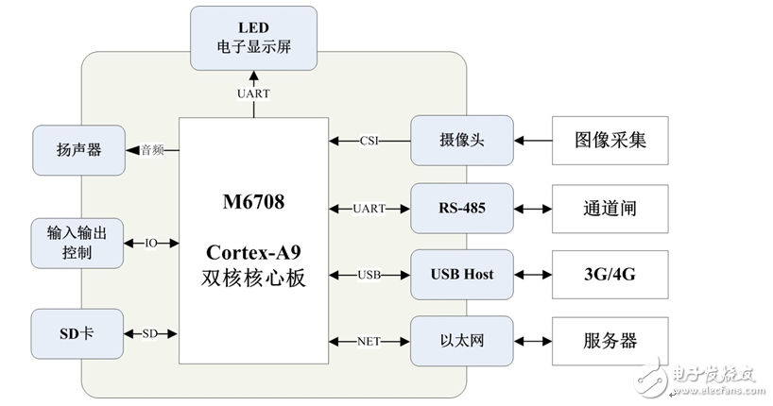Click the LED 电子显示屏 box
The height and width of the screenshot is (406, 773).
pos(254,37)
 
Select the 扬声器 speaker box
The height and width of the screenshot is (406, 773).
pos(78,149)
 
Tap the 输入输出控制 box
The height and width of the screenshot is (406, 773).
pos(78,243)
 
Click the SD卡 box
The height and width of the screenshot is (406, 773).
pos(78,334)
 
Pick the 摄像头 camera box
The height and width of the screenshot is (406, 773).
pos(462,141)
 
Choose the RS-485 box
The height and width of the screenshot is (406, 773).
pos(462,208)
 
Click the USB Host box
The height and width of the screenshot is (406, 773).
pos(462,274)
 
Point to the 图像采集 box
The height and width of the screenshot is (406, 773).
pos(611,141)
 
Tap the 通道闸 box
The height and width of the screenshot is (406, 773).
pos(611,208)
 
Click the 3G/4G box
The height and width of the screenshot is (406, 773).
pos(611,274)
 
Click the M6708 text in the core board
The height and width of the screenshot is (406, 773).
pos(254,201)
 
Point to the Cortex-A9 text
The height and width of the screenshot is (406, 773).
pos(254,255)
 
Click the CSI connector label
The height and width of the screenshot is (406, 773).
pos(370,142)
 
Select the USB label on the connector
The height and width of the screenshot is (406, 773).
pos(370,275)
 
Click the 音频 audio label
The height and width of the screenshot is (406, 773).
pos(153,148)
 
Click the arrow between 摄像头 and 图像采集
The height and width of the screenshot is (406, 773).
pos(532,141)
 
